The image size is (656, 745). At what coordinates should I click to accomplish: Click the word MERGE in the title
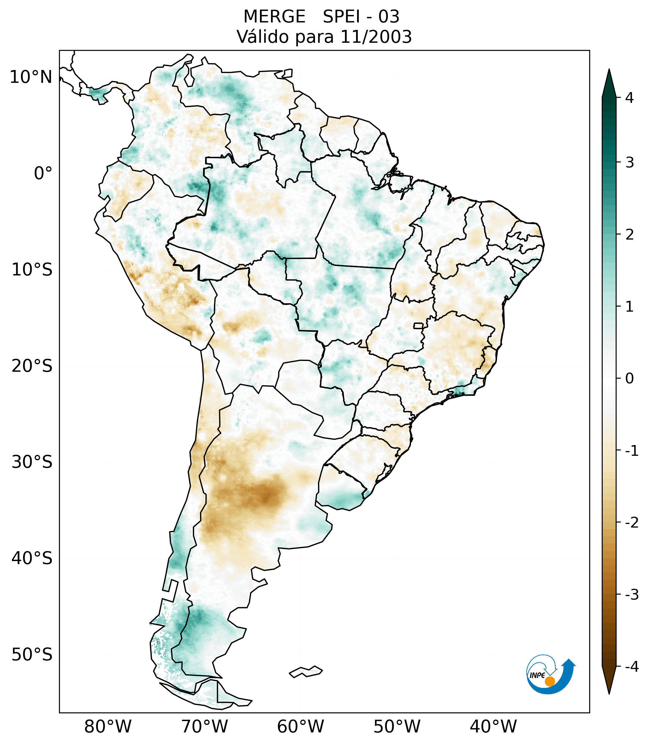pos(274,17)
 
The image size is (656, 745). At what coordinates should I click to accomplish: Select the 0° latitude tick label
pos(43,173)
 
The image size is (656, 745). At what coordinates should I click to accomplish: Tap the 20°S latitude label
pos(32,366)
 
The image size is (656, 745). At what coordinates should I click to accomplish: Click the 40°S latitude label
pos(32,558)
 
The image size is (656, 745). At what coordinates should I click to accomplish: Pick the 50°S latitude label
pos(32,655)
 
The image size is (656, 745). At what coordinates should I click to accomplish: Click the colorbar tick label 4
pos(629,98)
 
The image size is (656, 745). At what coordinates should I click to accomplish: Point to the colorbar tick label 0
pos(629,379)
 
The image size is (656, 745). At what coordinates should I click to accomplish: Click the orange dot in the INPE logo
pos(550,681)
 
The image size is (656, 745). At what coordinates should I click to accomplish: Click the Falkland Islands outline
pos(306,671)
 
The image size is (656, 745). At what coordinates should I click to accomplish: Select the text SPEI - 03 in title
pos(361,17)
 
